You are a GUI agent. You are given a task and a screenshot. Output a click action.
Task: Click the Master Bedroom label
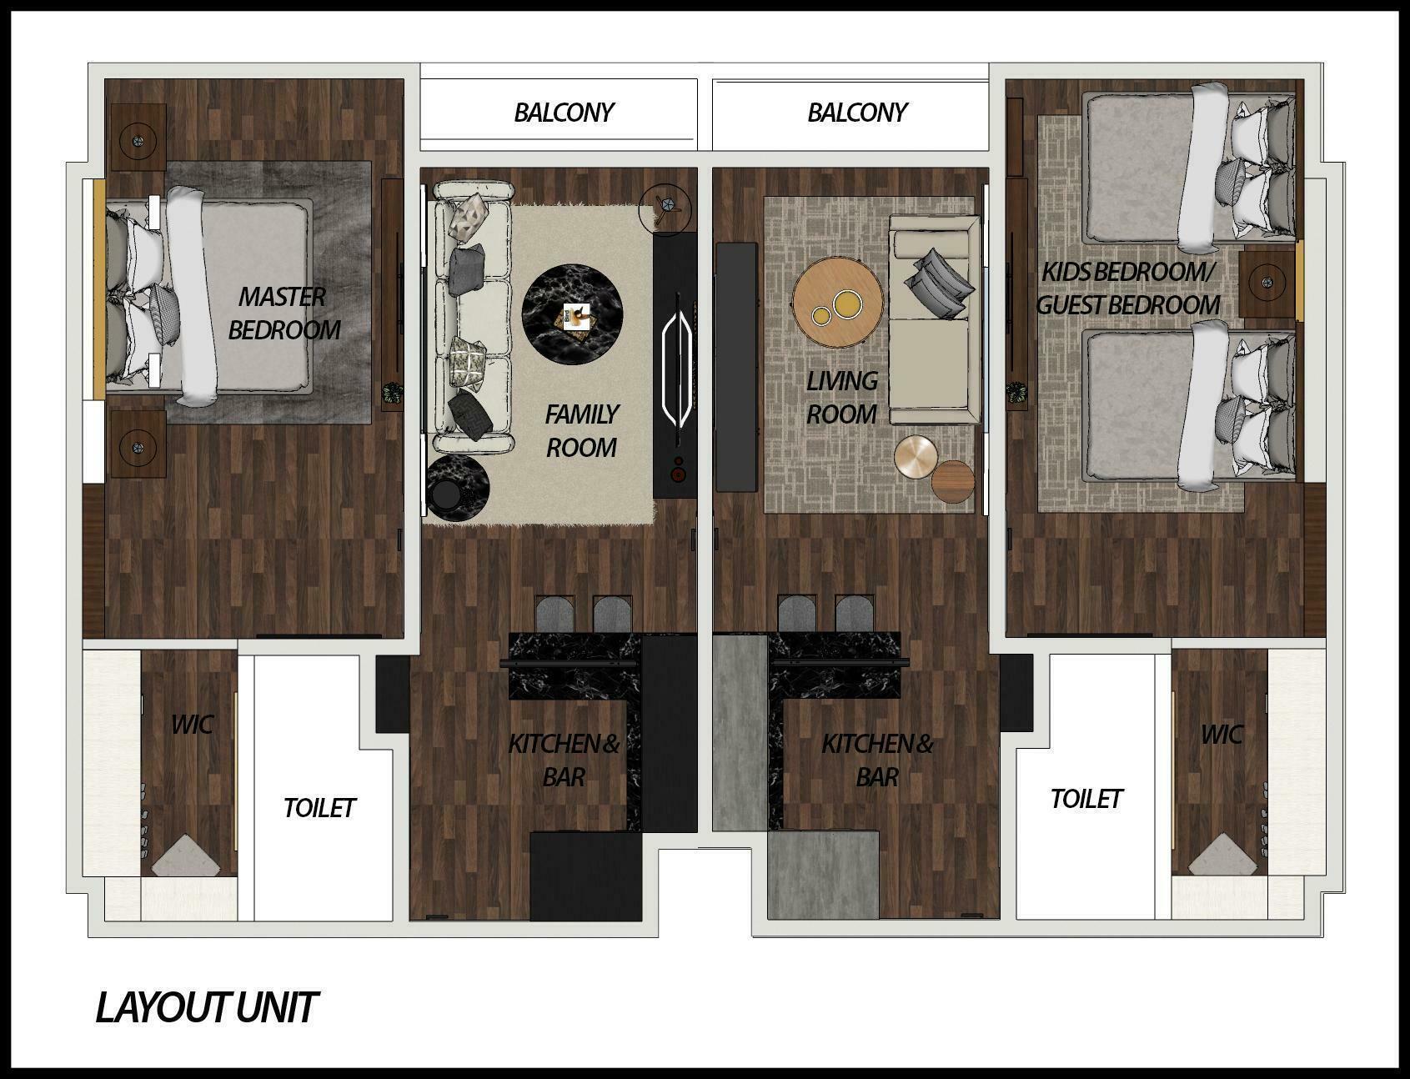point(284,313)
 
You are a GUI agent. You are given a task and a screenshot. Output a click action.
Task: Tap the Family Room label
point(581,430)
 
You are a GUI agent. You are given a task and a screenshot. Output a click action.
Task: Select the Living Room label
point(841,397)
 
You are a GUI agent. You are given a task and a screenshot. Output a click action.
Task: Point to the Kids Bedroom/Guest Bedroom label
point(1128,289)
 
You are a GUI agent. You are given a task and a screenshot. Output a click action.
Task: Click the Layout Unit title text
point(206,1007)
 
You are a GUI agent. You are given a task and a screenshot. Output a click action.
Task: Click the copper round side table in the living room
point(916,456)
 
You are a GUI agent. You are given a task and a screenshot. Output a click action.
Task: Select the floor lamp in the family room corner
point(665,207)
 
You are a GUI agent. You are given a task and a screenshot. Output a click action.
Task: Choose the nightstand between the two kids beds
point(1267,284)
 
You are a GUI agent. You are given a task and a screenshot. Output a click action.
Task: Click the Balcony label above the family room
point(564,113)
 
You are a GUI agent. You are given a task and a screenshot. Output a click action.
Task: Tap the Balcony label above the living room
point(856,113)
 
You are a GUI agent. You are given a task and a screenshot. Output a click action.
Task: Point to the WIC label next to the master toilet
point(192,724)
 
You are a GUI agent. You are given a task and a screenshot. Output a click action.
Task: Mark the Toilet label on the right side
point(1086,799)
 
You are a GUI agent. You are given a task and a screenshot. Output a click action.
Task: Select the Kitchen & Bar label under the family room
point(565,760)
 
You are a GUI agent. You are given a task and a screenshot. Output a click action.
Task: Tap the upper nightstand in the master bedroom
point(138,138)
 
